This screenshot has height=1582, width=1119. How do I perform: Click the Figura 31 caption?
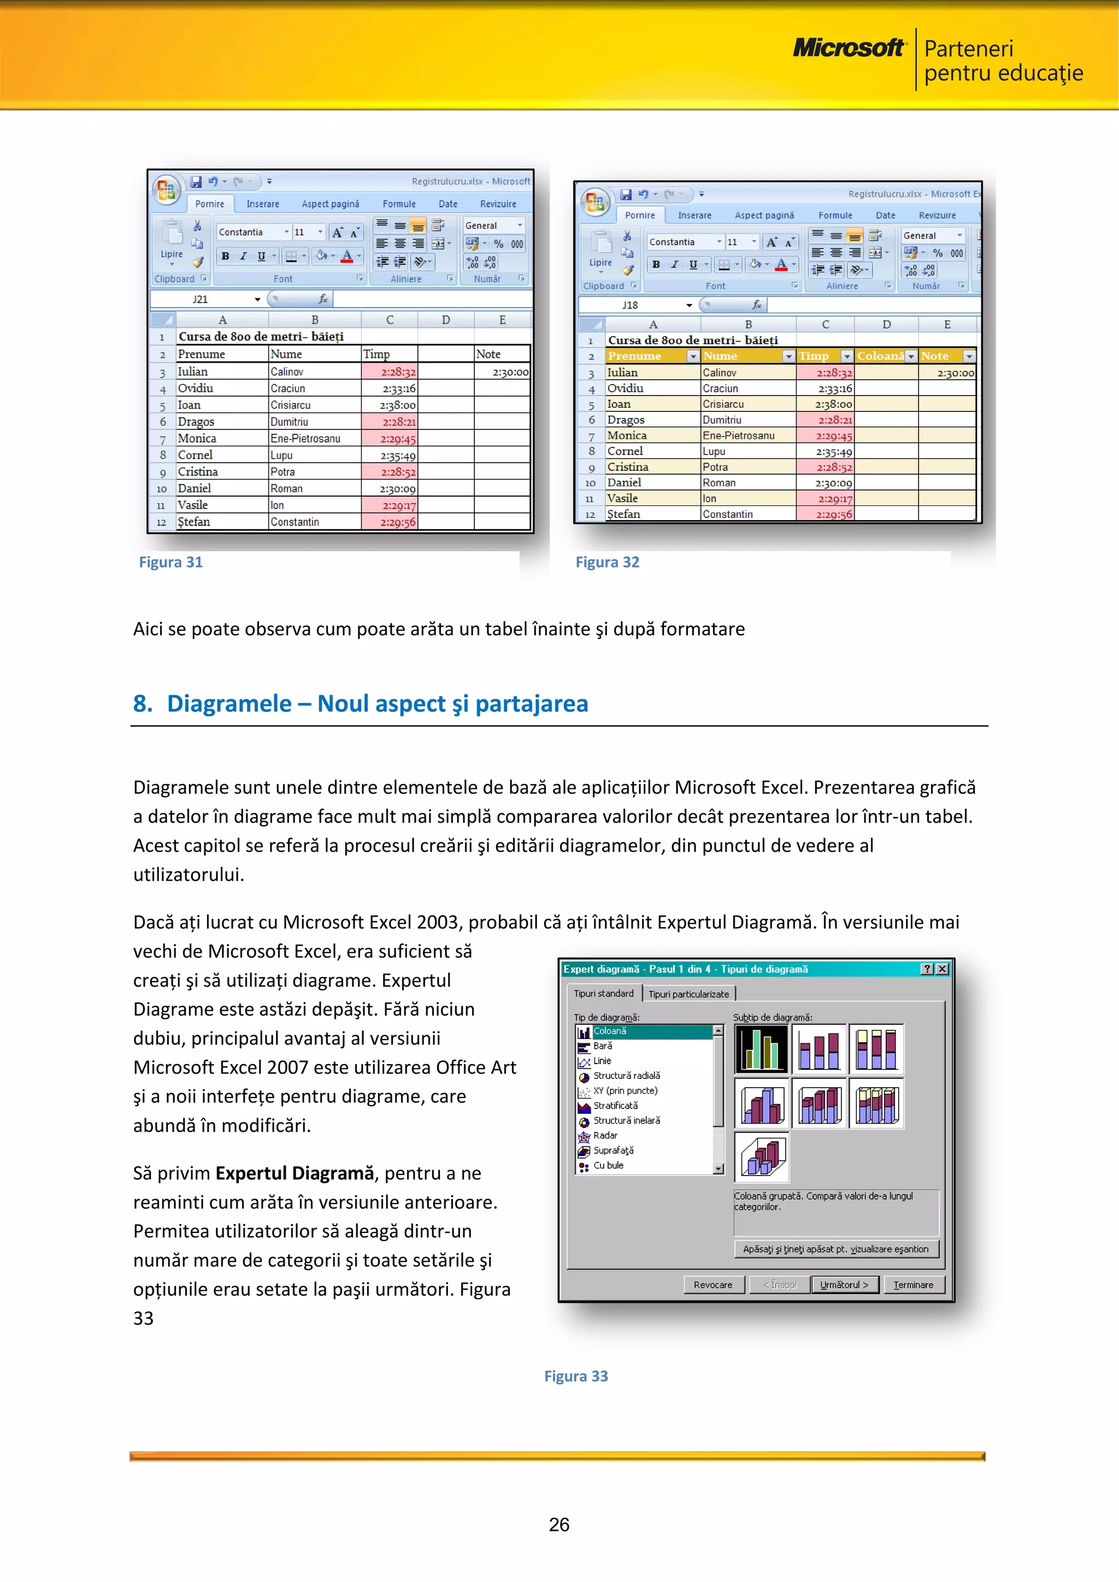[x=171, y=562]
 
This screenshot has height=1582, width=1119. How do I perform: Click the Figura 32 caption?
[x=607, y=562]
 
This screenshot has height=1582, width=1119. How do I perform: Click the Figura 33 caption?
[x=576, y=1376]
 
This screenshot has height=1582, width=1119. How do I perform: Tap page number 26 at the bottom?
[x=559, y=1524]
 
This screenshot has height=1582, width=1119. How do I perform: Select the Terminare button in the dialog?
[x=913, y=1284]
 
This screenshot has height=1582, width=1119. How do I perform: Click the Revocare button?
[x=712, y=1284]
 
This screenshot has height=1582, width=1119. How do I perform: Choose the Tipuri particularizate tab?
[x=688, y=994]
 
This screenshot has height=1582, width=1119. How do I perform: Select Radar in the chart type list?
[x=605, y=1135]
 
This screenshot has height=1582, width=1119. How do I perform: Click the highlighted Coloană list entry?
[x=610, y=1031]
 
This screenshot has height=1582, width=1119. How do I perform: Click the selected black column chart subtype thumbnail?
[x=761, y=1049]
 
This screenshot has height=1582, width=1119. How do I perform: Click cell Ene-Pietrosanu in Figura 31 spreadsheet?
[x=305, y=438]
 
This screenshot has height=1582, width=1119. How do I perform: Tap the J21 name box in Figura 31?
[x=200, y=299]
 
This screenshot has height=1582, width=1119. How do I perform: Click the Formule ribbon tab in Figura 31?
[x=399, y=204]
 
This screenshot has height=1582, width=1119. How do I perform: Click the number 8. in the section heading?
[x=143, y=704]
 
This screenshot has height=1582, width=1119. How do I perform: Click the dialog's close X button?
[x=942, y=969]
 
